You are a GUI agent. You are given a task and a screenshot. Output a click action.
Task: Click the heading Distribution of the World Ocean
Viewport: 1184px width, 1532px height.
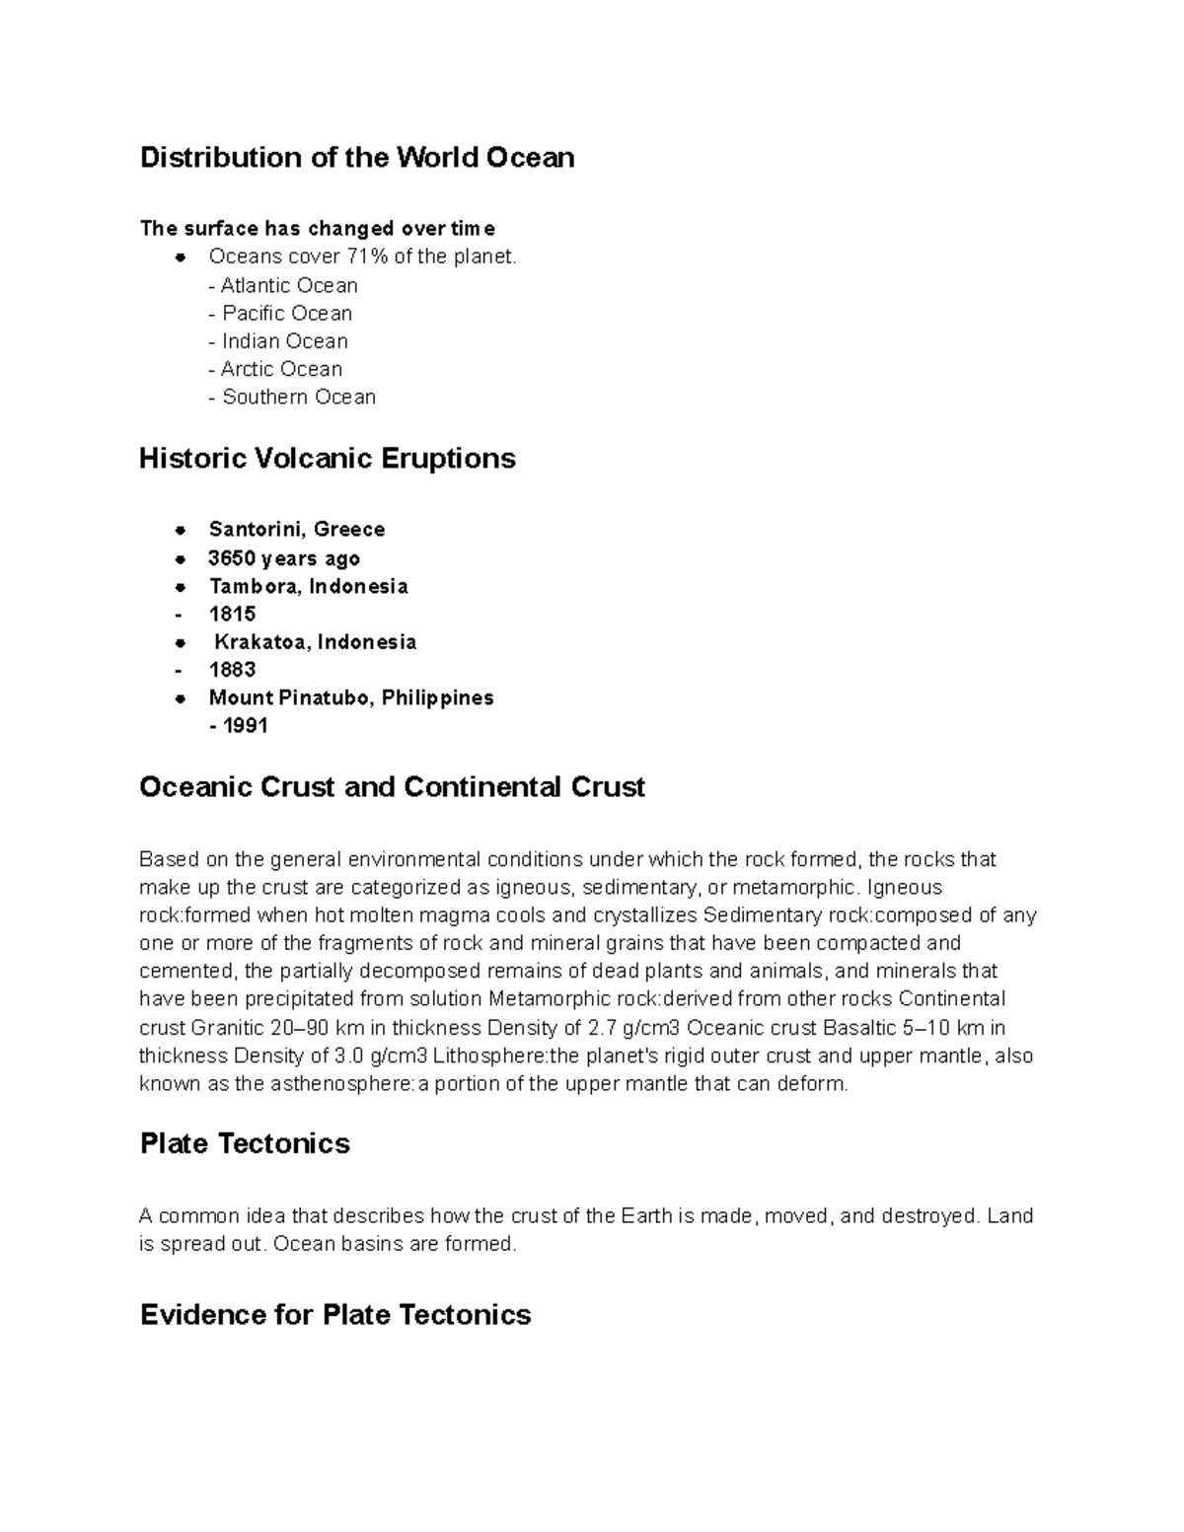(x=356, y=158)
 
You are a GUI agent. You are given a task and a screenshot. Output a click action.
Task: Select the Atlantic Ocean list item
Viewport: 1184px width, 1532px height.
(x=283, y=286)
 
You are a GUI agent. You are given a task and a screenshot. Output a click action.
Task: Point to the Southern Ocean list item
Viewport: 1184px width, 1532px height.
(x=292, y=398)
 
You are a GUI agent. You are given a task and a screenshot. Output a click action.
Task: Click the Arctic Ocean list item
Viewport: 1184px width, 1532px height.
(x=275, y=370)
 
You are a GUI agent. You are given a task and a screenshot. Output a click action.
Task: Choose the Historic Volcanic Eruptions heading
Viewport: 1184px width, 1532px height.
(x=327, y=459)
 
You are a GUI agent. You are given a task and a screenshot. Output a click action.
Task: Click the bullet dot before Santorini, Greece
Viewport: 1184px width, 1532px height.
(x=180, y=531)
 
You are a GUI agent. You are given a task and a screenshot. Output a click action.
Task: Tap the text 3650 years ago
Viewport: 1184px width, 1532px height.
(x=284, y=558)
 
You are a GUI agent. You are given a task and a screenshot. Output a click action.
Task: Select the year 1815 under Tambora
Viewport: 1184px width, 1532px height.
(x=232, y=615)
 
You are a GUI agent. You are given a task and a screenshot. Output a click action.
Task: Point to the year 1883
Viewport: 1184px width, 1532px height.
(x=232, y=670)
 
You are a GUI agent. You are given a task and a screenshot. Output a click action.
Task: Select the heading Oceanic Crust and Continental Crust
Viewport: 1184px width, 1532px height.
(x=392, y=787)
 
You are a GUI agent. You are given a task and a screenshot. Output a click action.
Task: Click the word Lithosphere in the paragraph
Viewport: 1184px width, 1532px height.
(x=489, y=1057)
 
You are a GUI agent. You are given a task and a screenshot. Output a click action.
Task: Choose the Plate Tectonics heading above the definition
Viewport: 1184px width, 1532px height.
(x=245, y=1144)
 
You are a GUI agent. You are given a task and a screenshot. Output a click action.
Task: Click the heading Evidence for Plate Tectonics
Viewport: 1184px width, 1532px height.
(x=335, y=1315)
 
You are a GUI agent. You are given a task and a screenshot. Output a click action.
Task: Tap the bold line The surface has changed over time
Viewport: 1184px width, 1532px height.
(x=318, y=229)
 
